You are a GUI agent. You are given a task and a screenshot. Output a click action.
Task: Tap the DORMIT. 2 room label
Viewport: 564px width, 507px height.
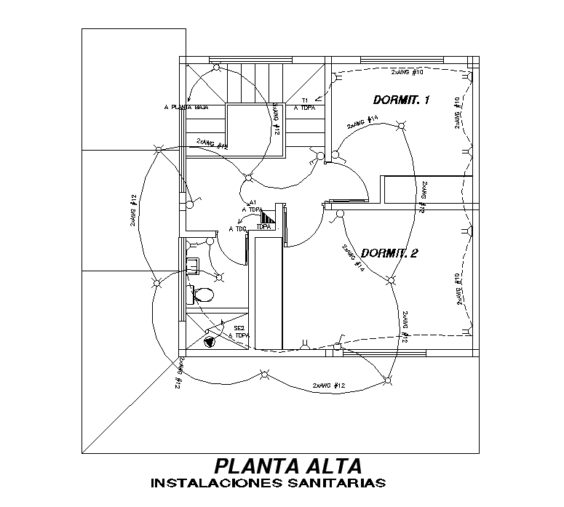[389, 254]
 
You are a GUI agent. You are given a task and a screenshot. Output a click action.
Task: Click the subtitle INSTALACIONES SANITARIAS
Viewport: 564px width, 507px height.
[266, 482]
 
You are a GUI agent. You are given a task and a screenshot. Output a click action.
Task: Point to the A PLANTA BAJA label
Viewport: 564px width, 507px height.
[186, 107]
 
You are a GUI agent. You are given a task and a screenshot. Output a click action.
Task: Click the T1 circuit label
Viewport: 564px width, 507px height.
[306, 100]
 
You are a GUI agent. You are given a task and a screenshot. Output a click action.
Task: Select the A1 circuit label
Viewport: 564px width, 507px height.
[253, 202]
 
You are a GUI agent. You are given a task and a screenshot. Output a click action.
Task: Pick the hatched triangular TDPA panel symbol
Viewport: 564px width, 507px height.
[270, 217]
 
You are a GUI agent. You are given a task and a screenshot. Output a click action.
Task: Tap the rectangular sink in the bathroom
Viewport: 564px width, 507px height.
[194, 263]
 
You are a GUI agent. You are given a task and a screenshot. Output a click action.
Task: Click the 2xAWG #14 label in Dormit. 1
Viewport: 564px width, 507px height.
[362, 121]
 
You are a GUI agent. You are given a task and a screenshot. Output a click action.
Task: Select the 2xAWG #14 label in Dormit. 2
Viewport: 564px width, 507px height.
[353, 259]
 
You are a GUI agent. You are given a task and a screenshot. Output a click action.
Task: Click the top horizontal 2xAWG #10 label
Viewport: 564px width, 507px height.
[408, 73]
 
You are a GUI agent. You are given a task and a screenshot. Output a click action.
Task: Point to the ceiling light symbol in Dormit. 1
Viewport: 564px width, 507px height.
[399, 127]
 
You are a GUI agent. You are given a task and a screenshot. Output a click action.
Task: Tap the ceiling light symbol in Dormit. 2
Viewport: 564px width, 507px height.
[391, 282]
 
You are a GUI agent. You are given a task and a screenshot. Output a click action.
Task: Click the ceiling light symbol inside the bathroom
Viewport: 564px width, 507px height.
[219, 276]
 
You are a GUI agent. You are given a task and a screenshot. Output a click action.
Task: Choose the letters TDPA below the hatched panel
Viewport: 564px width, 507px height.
[264, 227]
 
